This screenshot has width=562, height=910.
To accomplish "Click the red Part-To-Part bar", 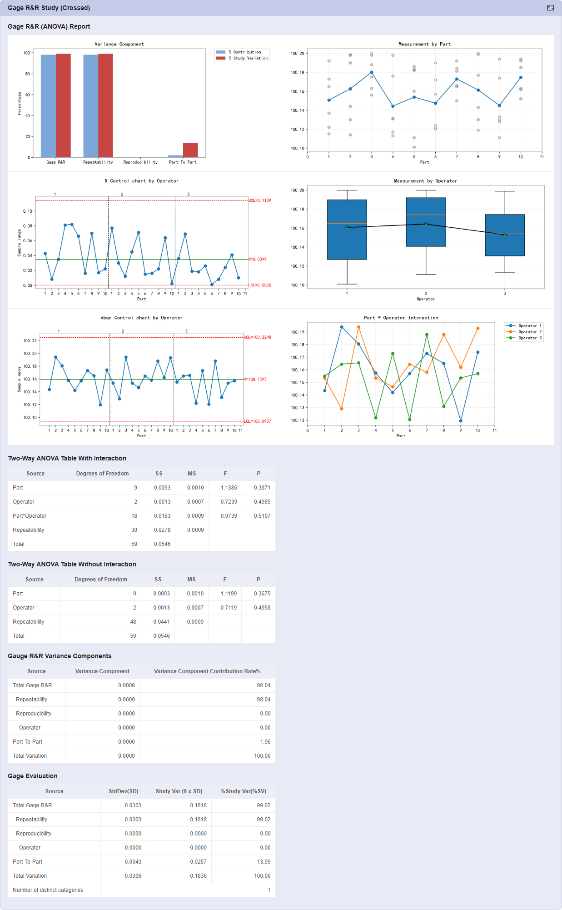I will coord(190,150).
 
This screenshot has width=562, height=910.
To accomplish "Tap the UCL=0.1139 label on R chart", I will coord(259,200).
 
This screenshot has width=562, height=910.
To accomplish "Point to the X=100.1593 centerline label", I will coord(255,379).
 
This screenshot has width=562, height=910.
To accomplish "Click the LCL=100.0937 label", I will coord(257,421).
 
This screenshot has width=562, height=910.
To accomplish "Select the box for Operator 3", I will coord(505,235).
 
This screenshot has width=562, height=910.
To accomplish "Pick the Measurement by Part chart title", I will coord(424,44).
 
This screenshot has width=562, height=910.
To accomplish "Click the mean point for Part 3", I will coord(372,72).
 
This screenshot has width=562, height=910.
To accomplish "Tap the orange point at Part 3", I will coord(358,327).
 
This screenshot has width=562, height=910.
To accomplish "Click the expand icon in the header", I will coord(551,8).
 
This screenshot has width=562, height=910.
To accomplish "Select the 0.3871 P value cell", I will coord(262,488).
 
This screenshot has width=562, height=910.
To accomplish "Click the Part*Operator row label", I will coord(30,516).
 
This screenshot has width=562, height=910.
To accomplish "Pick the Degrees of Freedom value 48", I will coord(133,622).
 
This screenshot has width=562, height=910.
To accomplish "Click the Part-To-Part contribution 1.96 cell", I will coord(265,742).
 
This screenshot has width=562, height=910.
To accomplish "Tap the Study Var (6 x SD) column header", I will coord(179,791).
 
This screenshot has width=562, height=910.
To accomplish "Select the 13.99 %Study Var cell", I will coord(264,862).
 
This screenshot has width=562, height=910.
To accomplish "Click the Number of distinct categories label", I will coord(48,890).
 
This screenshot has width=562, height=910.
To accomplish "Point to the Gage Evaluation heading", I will coord(33,776).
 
